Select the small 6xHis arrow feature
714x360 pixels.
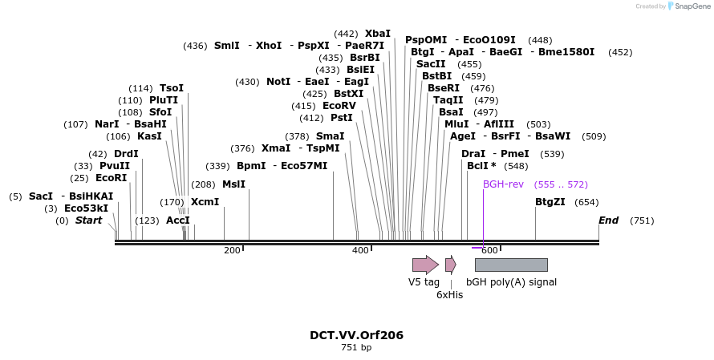(450, 265)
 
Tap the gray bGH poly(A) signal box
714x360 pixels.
(511, 265)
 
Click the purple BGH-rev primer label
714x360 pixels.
(503, 184)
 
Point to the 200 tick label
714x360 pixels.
(232, 251)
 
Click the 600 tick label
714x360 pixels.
(489, 251)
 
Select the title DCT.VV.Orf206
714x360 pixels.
(356, 335)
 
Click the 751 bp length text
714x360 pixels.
(356, 348)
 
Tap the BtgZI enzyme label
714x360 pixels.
(550, 202)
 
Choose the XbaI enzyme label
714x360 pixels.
(378, 34)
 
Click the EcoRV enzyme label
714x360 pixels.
(339, 106)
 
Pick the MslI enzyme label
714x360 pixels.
(233, 184)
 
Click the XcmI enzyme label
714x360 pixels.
(205, 202)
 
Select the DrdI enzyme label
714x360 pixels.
(126, 154)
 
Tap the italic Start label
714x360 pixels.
(88, 220)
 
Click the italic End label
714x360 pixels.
(608, 220)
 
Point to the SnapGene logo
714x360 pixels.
(681, 6)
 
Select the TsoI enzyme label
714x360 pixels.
(172, 88)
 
